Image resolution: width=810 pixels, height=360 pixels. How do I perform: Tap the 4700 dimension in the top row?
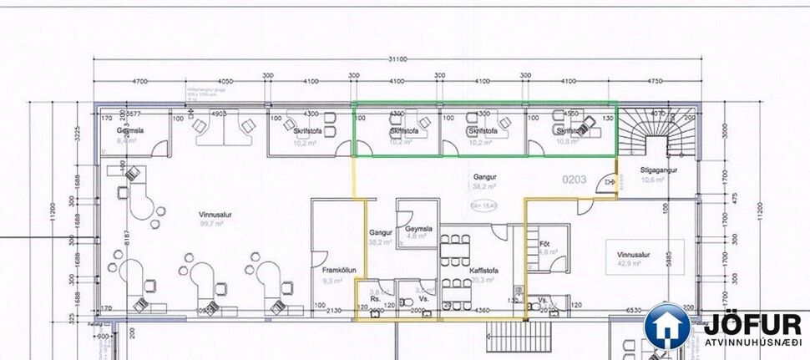coord(139,81)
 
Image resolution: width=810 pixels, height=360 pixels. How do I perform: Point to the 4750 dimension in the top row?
coord(655,81)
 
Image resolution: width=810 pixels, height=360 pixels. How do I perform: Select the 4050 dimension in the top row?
coord(225,81)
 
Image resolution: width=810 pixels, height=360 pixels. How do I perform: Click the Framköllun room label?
coord(339,271)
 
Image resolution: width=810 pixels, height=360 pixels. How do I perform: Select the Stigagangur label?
coord(658,170)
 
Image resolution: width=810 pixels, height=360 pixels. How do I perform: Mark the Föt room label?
coord(544,243)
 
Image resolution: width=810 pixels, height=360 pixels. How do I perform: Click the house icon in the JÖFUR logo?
coord(667,327)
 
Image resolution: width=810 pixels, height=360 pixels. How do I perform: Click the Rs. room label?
coord(376,297)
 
